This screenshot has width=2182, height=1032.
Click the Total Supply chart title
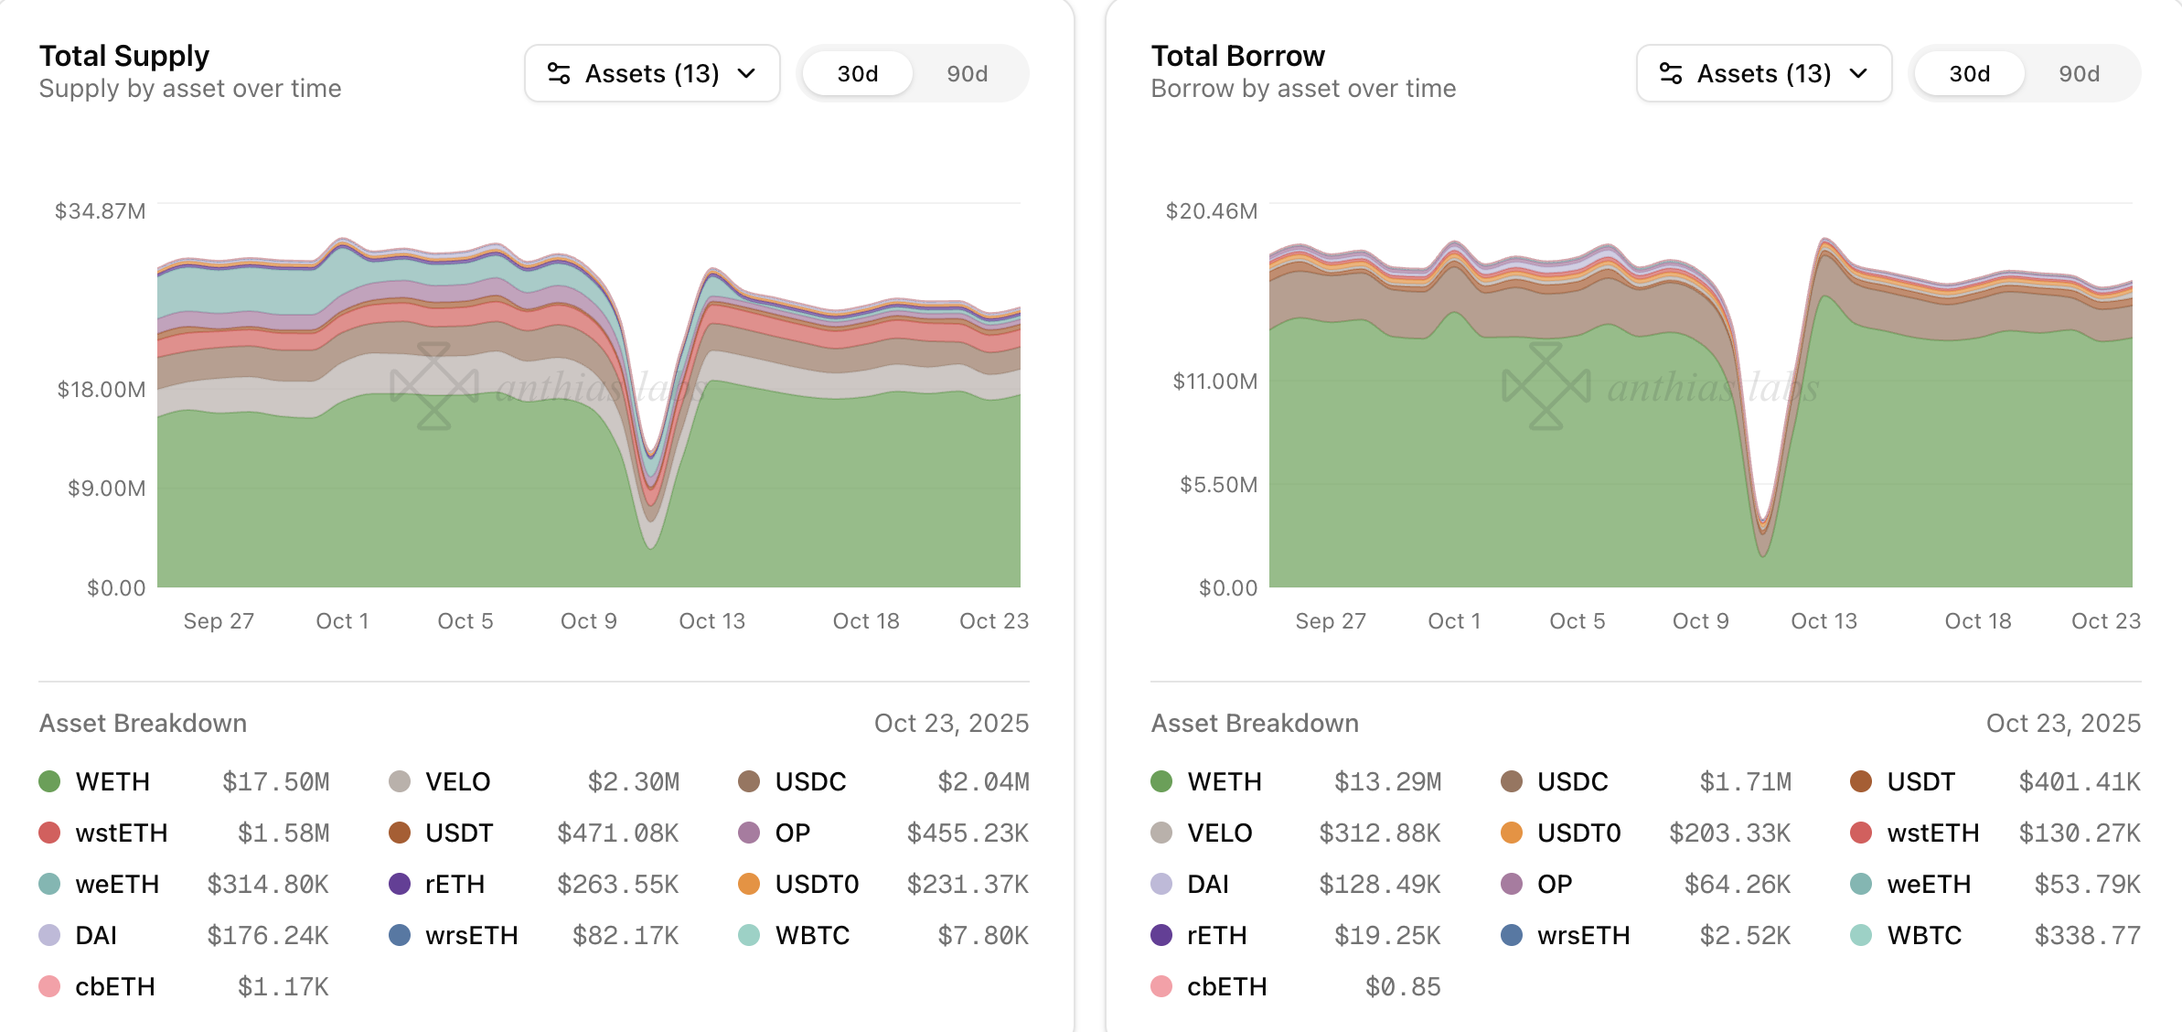[x=124, y=56]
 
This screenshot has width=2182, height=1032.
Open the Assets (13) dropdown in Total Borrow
[x=1763, y=73]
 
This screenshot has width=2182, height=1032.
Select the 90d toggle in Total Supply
[x=967, y=73]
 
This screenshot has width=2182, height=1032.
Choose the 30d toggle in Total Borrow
[x=1969, y=73]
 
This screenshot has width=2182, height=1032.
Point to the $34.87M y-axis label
[x=101, y=211]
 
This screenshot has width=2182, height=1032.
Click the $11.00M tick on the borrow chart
[x=1215, y=381]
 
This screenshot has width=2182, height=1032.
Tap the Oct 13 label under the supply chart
[x=711, y=621]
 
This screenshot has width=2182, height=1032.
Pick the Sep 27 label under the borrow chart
[x=1331, y=621]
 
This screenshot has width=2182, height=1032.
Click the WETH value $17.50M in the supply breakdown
[x=275, y=781]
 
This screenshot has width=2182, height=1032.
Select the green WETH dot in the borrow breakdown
[x=1161, y=781]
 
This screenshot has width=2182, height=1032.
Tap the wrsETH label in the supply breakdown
[x=471, y=935]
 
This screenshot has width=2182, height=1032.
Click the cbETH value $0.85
[x=1403, y=986]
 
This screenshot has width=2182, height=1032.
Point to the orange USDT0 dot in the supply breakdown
[x=749, y=884]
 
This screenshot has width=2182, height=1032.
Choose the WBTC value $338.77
[x=2087, y=935]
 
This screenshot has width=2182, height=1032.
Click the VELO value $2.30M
[x=633, y=781]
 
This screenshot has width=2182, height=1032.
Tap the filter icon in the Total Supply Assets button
[x=559, y=73]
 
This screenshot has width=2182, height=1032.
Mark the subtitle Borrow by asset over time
[x=1303, y=89]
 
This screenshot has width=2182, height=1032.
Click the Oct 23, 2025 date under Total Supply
[x=951, y=723]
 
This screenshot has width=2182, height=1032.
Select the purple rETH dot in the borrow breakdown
[x=1161, y=935]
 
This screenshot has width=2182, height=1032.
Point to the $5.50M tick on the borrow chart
[x=1218, y=484]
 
